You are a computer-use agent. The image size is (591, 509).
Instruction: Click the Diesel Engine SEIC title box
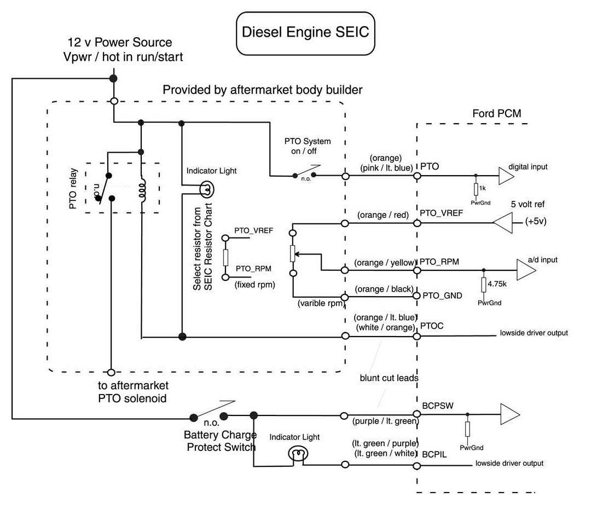pos(305,32)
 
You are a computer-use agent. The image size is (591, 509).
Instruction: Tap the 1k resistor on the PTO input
pos(475,189)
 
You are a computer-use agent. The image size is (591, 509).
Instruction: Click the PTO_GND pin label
pos(442,295)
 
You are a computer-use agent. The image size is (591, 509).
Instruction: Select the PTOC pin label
pos(432,326)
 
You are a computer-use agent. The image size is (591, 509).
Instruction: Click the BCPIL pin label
pos(434,454)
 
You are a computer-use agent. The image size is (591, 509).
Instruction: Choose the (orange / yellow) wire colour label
pos(385,263)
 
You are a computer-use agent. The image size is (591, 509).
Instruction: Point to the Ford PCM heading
pos(496,114)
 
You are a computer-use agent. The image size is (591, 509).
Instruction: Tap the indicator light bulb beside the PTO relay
pos(207,189)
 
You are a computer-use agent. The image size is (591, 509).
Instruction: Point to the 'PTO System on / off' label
pos(308,146)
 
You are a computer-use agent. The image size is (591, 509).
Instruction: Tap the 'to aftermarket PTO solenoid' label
pos(137,392)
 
